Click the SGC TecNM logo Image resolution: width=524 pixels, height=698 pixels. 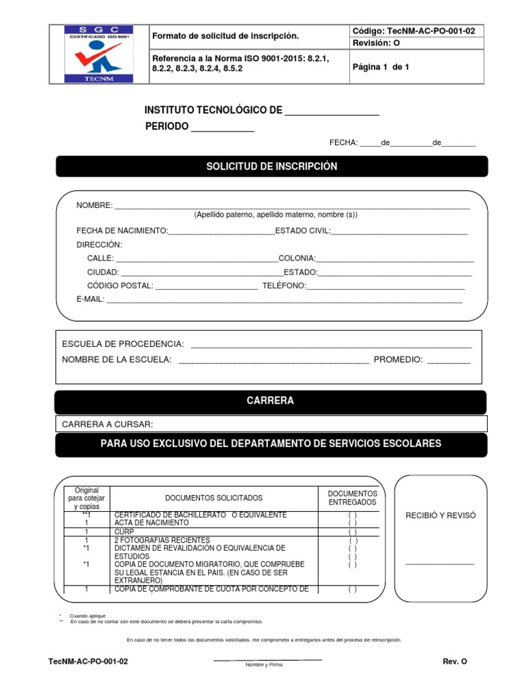click(x=99, y=54)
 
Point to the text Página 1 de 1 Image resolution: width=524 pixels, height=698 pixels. click(x=381, y=67)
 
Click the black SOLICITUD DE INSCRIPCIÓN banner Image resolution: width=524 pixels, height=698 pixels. click(x=272, y=166)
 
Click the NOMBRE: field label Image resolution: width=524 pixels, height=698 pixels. click(x=94, y=205)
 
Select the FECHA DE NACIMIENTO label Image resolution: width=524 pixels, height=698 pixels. click(x=122, y=231)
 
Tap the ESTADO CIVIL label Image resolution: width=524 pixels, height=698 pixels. click(x=302, y=231)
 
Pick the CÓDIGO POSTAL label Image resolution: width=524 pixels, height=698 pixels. click(x=120, y=286)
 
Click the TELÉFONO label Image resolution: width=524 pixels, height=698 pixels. click(x=284, y=286)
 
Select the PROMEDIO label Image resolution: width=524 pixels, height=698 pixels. click(x=398, y=360)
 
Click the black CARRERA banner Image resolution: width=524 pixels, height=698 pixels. click(x=270, y=401)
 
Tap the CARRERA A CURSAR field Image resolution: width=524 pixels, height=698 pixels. click(x=271, y=424)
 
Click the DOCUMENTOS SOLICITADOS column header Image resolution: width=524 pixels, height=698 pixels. click(x=214, y=498)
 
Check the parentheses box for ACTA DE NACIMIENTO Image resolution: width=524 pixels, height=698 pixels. click(x=352, y=523)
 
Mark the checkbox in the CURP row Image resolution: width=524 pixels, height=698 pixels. click(x=352, y=532)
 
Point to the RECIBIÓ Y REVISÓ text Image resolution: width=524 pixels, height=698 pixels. click(x=440, y=515)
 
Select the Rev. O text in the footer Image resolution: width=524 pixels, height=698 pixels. click(x=455, y=662)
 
